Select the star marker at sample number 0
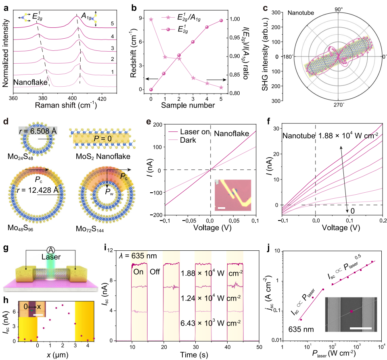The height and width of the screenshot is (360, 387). [151, 19]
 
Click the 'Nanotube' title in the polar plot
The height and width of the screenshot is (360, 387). [299, 13]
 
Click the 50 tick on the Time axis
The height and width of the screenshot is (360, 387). [259, 347]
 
